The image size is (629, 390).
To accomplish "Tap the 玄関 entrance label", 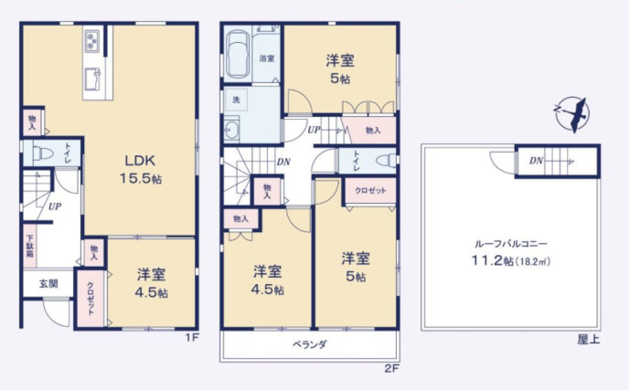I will point(48,283).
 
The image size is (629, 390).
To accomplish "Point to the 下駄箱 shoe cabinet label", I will point(30,245).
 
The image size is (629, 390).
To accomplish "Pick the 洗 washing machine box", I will point(237,99).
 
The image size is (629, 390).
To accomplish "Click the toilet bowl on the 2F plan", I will point(384,162).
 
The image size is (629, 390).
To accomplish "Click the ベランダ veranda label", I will point(310,344).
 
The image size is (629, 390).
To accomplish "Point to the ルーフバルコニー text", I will point(510,244).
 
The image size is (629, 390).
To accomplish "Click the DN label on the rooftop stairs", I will point(535,162).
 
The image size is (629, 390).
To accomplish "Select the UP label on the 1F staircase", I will point(55,206).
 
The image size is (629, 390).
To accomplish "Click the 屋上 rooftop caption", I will point(589,339).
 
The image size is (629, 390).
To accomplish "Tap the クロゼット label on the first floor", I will point(91,298).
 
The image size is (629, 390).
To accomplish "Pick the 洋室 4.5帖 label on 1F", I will point(152,282).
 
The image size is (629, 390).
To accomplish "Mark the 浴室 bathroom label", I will point(266,58).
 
